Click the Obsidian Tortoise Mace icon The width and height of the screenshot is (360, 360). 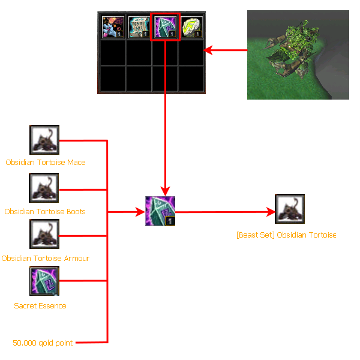45,140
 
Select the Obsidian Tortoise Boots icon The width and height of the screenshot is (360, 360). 45,188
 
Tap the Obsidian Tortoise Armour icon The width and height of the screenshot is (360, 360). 45,235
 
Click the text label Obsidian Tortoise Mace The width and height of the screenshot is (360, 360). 46,163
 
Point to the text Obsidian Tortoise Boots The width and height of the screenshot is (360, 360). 45,211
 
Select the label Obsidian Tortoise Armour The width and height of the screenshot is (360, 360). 46,258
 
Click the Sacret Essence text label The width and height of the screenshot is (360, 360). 40,305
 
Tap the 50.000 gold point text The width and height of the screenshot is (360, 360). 43,343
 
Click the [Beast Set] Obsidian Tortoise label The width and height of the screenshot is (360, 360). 286,235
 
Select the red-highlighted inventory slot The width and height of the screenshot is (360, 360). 165,28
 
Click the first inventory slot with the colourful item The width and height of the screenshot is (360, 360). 113,28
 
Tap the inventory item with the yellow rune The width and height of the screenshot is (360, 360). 191,28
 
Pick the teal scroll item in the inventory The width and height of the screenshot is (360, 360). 139,28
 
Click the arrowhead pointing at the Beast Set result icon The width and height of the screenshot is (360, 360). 271,212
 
